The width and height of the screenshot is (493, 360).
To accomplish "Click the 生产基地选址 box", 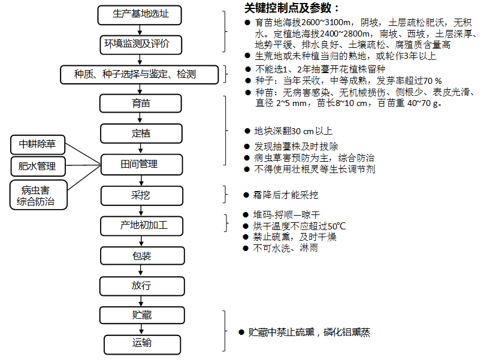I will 140,14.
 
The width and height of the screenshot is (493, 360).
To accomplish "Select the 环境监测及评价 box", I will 140,44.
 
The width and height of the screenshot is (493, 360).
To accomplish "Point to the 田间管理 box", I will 140,164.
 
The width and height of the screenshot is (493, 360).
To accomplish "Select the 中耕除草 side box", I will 38,144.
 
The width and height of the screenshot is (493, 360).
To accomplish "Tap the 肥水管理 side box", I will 38,166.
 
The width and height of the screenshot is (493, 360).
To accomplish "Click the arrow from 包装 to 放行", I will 140,271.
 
